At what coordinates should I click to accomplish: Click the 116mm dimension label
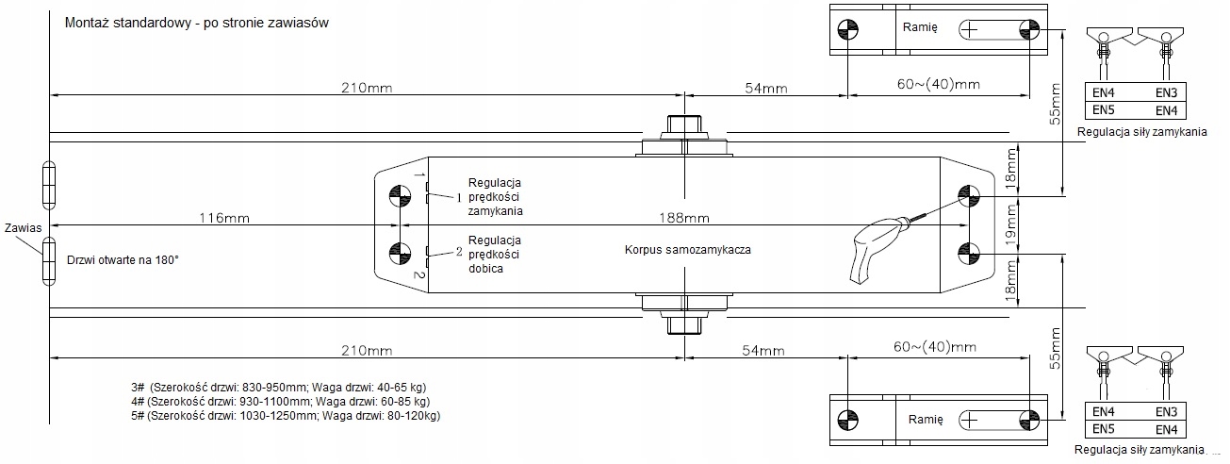coord(223,218)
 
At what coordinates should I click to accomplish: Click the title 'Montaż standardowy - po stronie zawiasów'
coord(196,24)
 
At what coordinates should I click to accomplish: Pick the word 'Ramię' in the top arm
coord(919,28)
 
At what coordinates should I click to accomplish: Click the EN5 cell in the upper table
coord(1105,110)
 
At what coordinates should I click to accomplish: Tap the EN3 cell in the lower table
coord(1167,412)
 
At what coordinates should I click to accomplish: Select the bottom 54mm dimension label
coord(764,351)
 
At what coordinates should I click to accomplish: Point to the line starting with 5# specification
coord(286,416)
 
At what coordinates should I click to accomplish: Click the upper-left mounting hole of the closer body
coord(399,194)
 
